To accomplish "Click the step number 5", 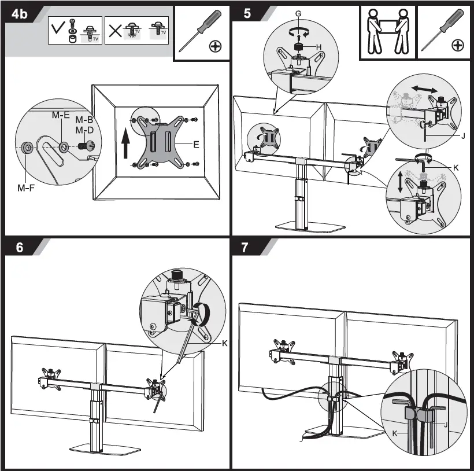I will tap(247, 14).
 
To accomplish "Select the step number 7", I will tap(245, 247).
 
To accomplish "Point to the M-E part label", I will tap(60, 115).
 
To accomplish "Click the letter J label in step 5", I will tap(462, 137).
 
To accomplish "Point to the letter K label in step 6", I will tap(225, 343).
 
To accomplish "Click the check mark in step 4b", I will tap(58, 30).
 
